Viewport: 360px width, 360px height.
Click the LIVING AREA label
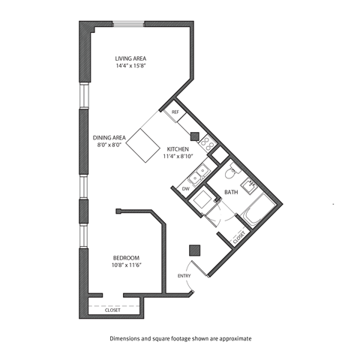point(130,58)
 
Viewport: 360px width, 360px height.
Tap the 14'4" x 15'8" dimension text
point(130,66)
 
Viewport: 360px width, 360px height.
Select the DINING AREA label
point(108,137)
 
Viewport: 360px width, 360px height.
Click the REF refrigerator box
point(175,112)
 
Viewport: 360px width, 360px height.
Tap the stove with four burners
point(207,140)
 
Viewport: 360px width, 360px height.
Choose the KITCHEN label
point(177,148)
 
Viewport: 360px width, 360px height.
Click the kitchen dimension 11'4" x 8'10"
point(177,156)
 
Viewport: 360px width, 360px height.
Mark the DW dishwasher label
point(185,189)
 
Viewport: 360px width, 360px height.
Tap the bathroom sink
point(251,182)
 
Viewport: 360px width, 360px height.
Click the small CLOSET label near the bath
point(239,237)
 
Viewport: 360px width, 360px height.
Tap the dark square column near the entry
point(195,250)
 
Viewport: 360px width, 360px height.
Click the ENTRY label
point(184,275)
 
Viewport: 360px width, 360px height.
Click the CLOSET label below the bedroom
point(112,310)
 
